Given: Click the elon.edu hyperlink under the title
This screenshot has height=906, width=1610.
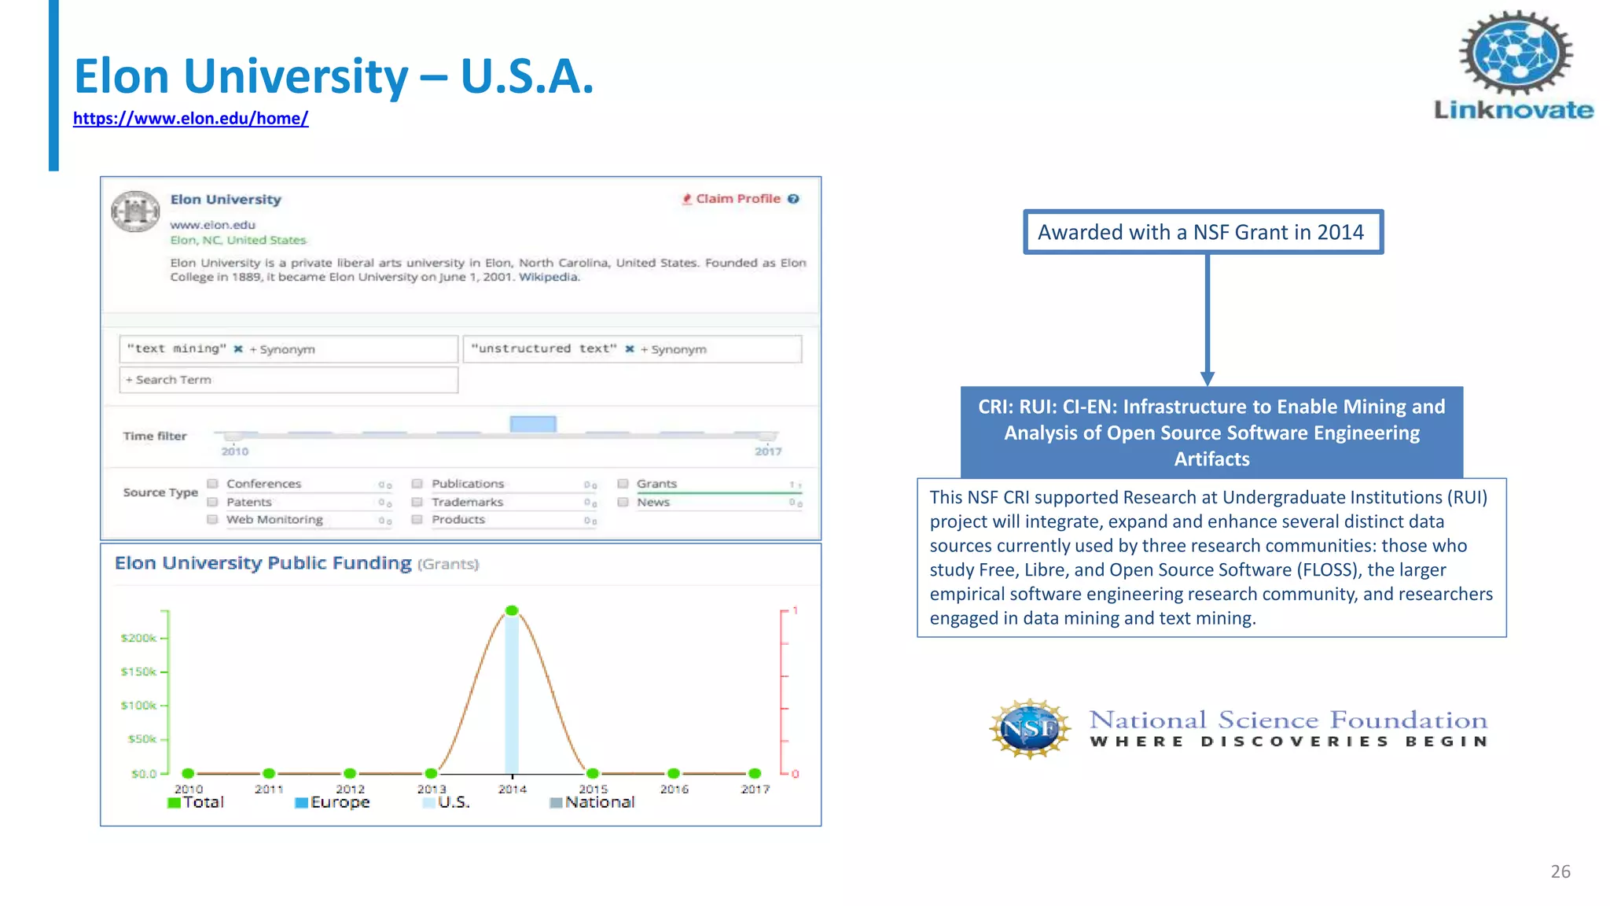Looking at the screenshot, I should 190,119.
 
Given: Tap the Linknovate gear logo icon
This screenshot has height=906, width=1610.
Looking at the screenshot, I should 1516,53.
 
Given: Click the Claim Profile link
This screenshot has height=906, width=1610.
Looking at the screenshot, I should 737,199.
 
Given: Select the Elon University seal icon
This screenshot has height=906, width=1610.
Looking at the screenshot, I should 135,212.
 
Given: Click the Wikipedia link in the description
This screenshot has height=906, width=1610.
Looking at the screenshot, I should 549,277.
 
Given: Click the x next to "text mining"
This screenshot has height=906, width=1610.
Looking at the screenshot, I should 238,349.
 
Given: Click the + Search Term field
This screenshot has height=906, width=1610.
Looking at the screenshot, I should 288,380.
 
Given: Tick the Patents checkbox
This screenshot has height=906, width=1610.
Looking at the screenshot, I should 212,502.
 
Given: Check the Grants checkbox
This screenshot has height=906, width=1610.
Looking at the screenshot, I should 623,484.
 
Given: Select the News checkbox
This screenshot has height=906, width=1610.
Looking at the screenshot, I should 623,502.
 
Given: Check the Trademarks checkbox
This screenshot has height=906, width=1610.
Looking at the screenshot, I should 417,502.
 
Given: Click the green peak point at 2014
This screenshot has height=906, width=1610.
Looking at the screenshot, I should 512,610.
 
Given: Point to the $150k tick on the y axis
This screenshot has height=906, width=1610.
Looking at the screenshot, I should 140,672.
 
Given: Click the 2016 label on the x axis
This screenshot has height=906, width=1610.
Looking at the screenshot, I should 674,789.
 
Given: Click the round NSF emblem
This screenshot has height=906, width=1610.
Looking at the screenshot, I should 1030,728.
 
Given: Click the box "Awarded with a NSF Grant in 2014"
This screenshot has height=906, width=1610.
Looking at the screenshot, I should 1202,232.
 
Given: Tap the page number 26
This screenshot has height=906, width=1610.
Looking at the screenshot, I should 1560,871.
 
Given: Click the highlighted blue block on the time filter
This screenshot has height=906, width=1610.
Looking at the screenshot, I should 533,424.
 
